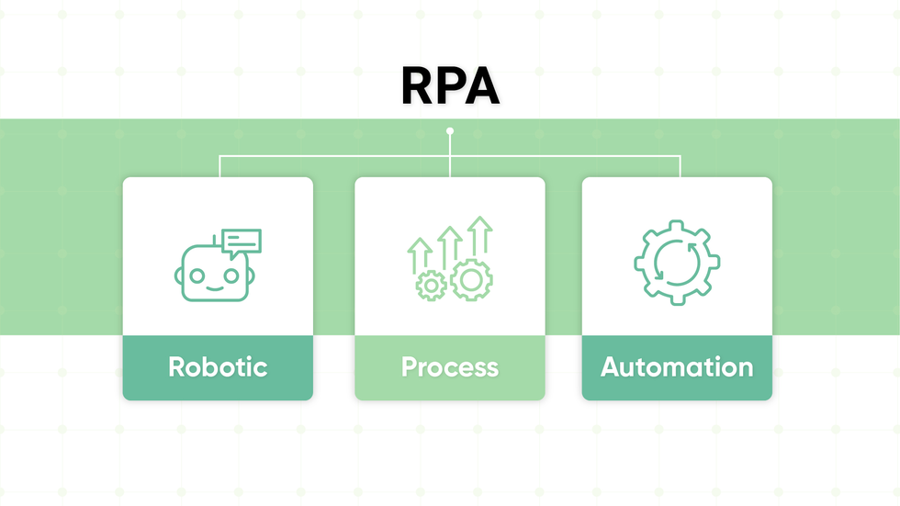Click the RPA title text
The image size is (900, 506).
(x=450, y=87)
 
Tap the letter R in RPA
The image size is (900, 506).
(x=418, y=87)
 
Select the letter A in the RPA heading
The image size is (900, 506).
(x=483, y=87)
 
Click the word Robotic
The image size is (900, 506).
(x=218, y=367)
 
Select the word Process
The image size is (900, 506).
(x=450, y=367)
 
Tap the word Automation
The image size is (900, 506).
(x=677, y=367)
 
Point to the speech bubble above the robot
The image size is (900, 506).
(x=242, y=242)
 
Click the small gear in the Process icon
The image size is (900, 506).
(x=431, y=286)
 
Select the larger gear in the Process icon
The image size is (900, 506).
(x=471, y=280)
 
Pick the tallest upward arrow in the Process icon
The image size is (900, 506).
(x=479, y=237)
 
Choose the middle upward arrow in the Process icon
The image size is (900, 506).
(x=449, y=245)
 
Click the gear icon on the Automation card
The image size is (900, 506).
(x=677, y=263)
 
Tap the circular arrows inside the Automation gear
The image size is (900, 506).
(x=677, y=263)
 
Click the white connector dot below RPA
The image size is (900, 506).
(x=450, y=131)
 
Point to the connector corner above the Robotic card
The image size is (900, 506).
(x=219, y=157)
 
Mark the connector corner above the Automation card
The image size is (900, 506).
(x=680, y=157)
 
